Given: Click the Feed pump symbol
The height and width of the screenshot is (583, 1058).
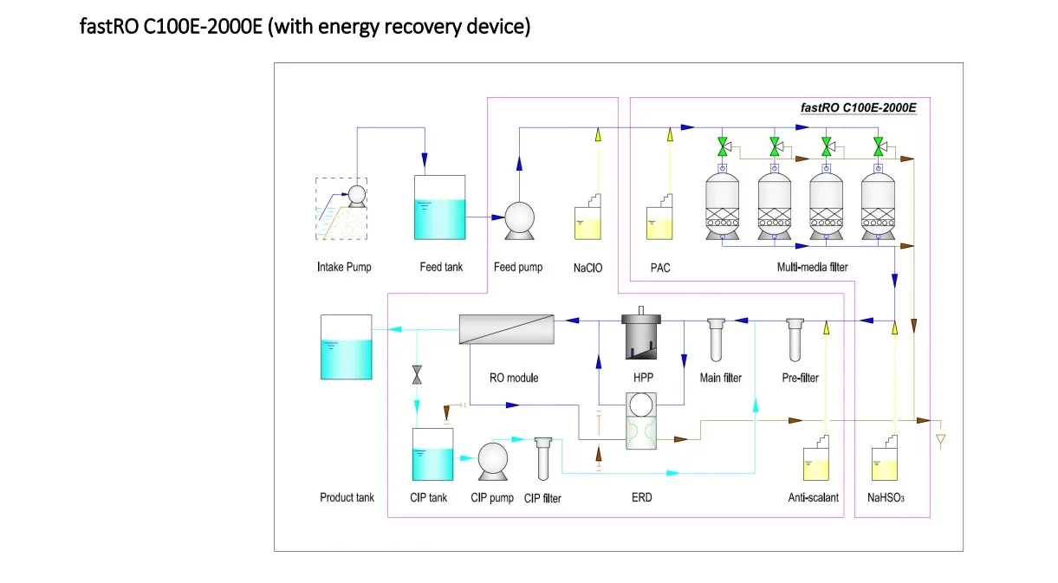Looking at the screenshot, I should [x=518, y=220].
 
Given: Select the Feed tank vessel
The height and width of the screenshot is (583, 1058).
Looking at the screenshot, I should [x=440, y=208].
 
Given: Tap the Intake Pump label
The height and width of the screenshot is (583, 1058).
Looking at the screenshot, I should [x=344, y=267].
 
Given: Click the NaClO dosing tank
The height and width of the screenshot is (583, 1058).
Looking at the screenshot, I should [x=588, y=218].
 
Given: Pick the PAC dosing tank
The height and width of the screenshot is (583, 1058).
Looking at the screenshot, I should [x=660, y=218].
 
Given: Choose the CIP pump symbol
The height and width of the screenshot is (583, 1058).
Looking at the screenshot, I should [x=493, y=462].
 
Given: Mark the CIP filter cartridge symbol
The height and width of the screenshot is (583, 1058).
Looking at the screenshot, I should [x=543, y=457].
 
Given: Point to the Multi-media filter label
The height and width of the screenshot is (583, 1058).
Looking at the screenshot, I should [x=812, y=268].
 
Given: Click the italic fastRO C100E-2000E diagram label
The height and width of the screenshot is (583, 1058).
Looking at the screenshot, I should [x=858, y=108].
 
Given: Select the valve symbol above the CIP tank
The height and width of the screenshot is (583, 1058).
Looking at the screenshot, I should [x=417, y=375].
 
